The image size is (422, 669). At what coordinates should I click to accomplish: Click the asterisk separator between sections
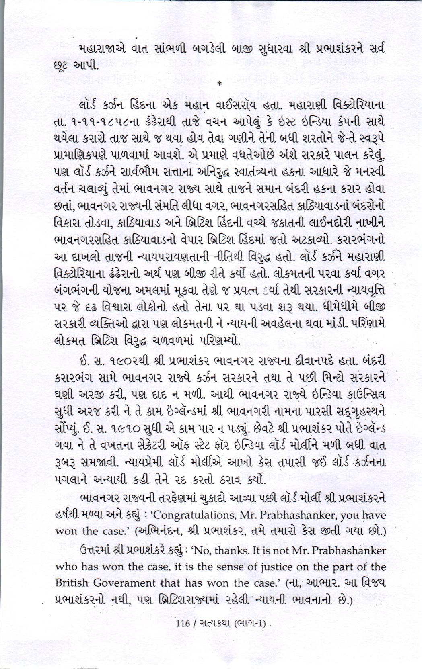click(219, 84)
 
